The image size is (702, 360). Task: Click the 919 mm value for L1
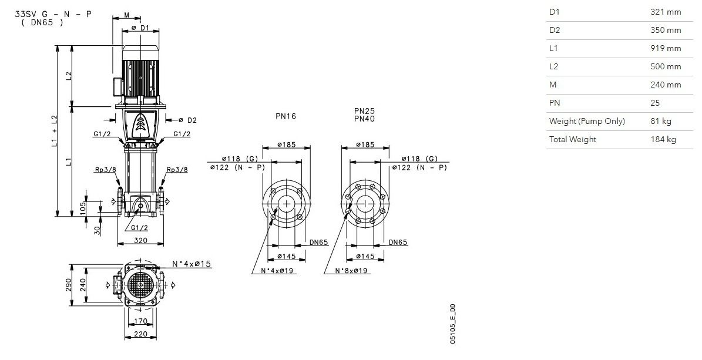point(666,48)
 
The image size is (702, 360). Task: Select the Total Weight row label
point(573,139)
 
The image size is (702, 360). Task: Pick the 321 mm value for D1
point(666,12)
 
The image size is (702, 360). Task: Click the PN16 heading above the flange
point(285,116)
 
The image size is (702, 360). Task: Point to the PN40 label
point(364,119)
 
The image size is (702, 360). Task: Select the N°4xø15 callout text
point(192,264)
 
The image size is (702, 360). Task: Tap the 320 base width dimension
point(140,240)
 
